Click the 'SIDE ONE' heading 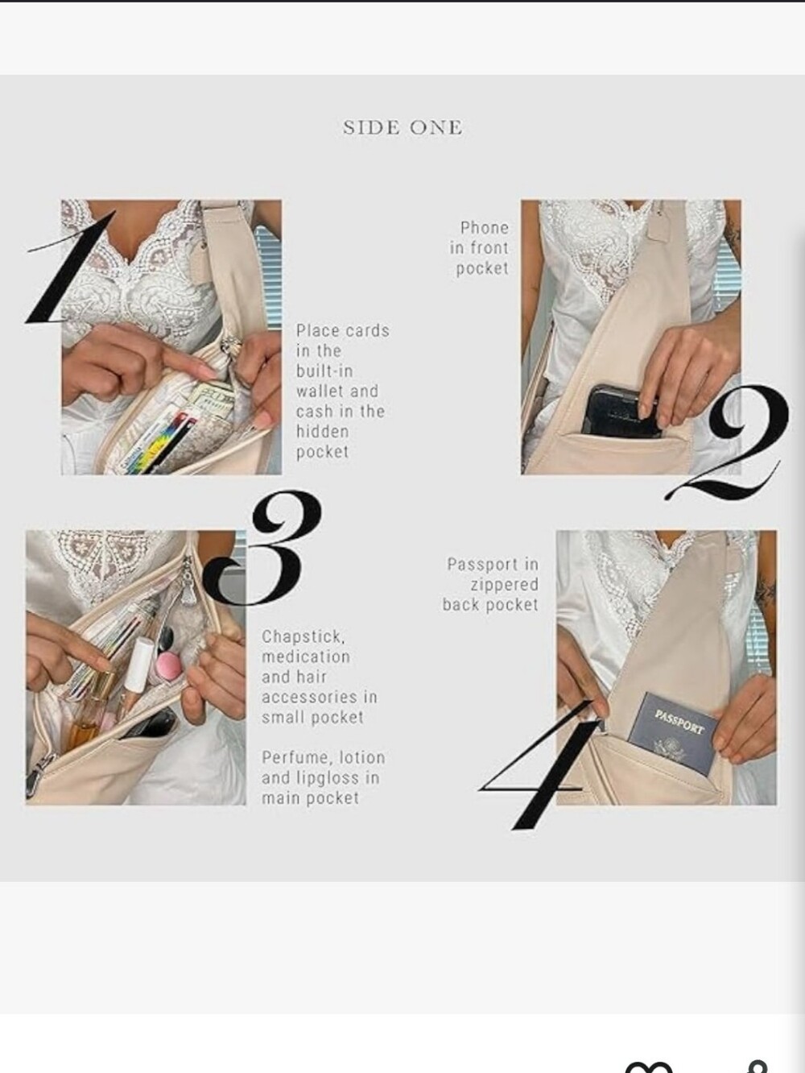click(x=402, y=127)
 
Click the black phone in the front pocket click(x=621, y=412)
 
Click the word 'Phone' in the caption click(x=484, y=228)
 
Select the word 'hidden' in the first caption click(x=322, y=432)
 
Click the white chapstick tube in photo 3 click(x=139, y=665)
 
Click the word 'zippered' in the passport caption click(x=505, y=585)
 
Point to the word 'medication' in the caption click(x=306, y=657)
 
